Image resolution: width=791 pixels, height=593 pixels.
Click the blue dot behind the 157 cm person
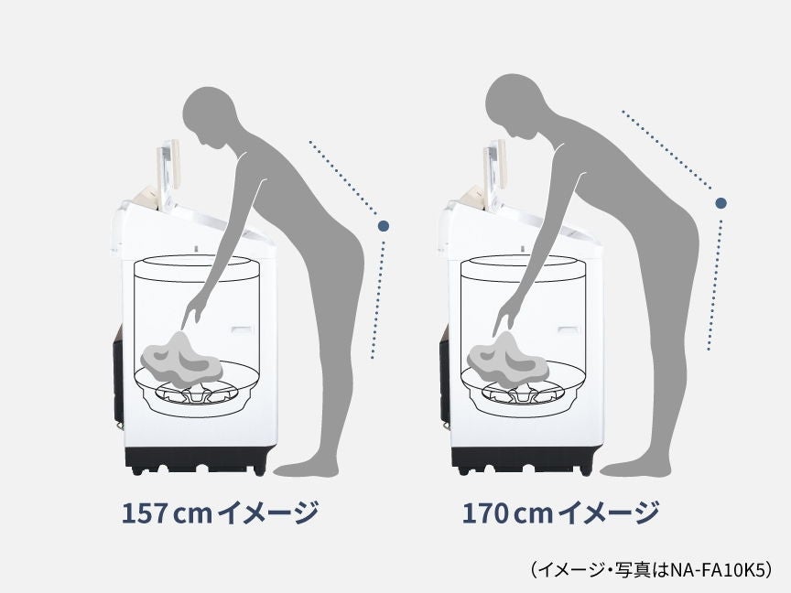[383, 224]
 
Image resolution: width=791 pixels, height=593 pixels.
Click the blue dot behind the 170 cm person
[721, 202]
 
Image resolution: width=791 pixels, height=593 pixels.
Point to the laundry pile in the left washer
[181, 360]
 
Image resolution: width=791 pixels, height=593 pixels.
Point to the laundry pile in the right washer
[507, 359]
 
